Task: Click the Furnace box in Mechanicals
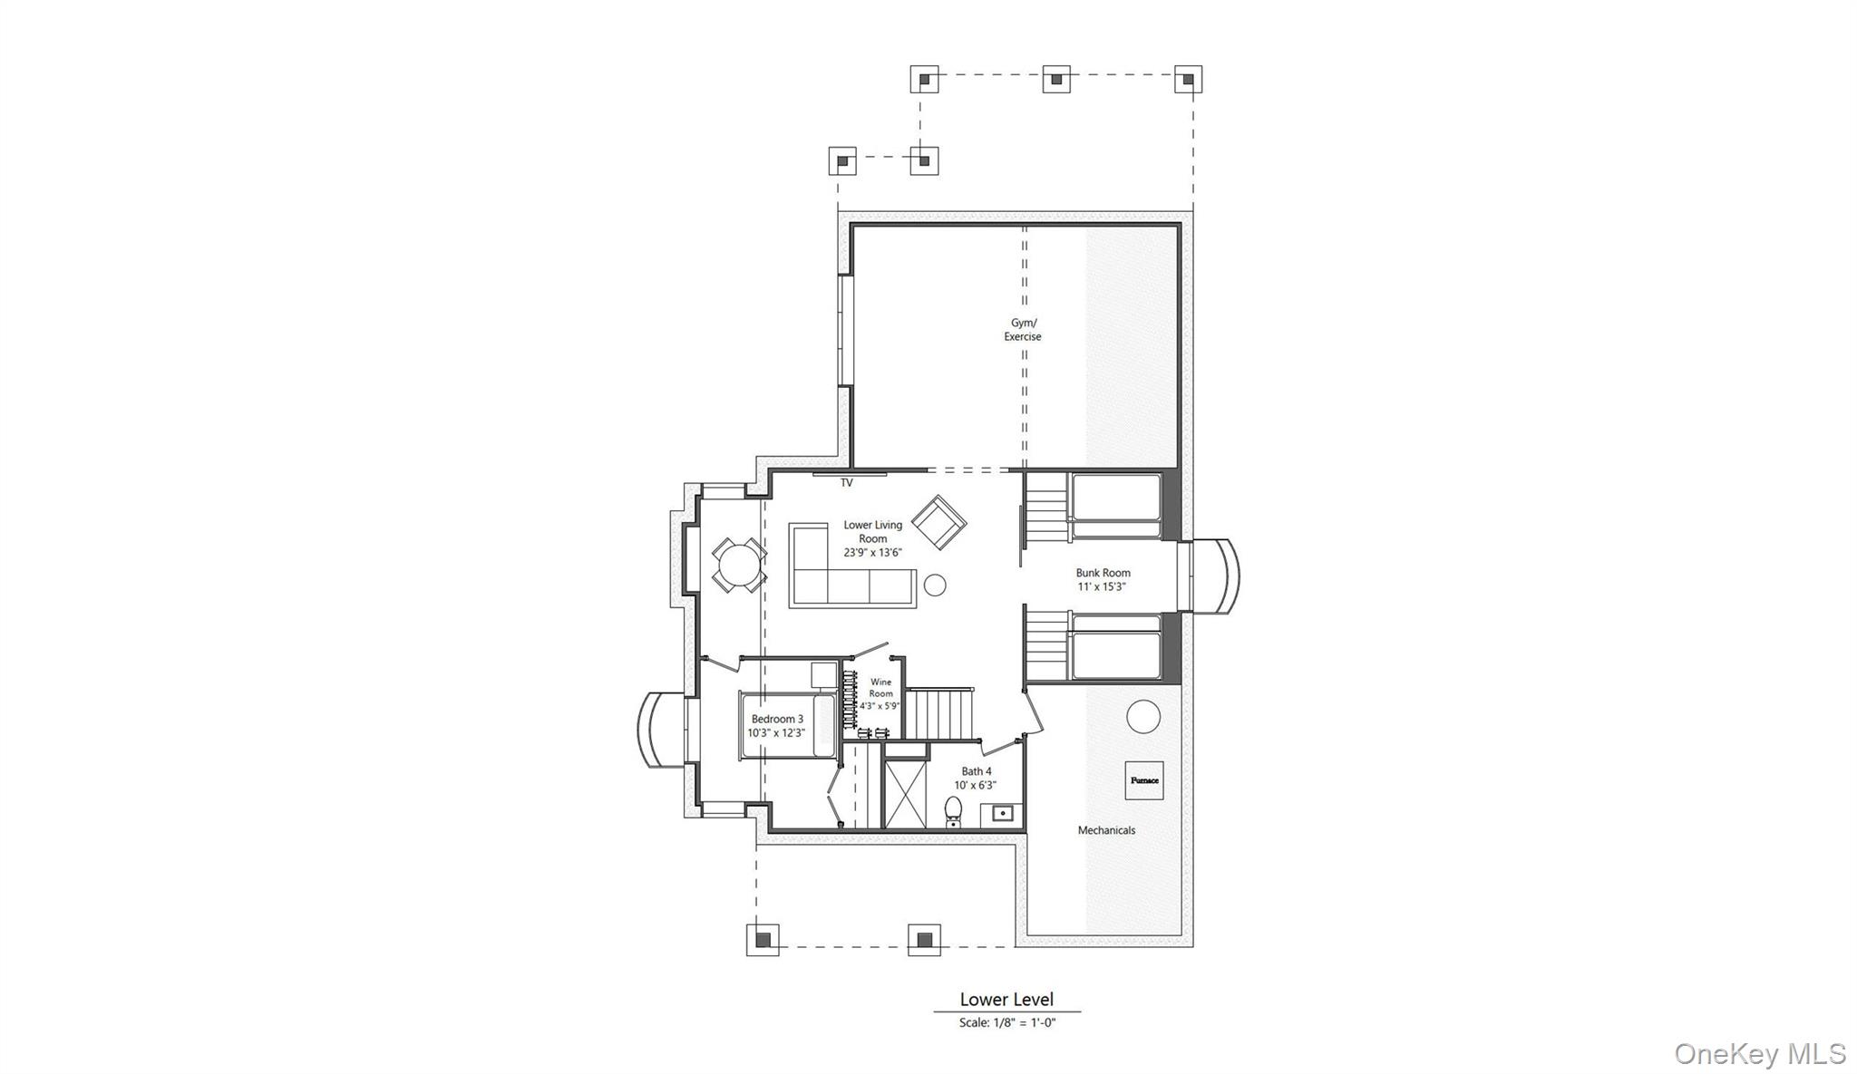point(1143,779)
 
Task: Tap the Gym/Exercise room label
point(1023,330)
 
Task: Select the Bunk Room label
point(1103,573)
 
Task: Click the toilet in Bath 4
point(953,810)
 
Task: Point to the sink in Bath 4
point(1001,813)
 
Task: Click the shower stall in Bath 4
point(905,795)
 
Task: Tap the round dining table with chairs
point(737,566)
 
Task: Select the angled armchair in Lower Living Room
point(938,522)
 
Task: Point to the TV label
point(846,483)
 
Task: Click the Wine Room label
point(880,688)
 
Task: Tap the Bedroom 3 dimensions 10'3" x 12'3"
point(776,732)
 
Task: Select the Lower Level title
point(1006,1000)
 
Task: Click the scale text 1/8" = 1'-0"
point(1007,1023)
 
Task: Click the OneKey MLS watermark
point(1759,1054)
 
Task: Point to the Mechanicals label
point(1106,830)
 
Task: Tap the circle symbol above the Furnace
point(1143,717)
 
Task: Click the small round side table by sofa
point(935,585)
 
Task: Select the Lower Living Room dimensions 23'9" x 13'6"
point(872,552)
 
